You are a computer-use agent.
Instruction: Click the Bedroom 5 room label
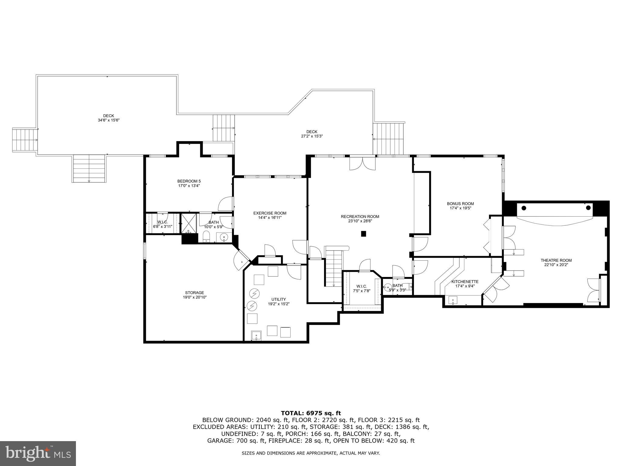(x=189, y=181)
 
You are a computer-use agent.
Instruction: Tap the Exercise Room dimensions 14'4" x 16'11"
(x=270, y=218)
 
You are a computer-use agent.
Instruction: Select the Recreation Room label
(x=360, y=217)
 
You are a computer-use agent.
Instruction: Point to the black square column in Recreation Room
(x=364, y=234)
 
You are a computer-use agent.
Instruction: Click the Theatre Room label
(x=556, y=260)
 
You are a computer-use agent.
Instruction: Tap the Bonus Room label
(x=460, y=204)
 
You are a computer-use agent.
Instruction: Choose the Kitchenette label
(x=465, y=282)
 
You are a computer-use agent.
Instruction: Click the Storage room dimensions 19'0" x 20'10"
(x=195, y=297)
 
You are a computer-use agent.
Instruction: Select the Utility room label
(x=279, y=299)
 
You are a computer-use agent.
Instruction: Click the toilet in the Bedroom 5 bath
(x=206, y=236)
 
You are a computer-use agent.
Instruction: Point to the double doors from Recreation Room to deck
(x=362, y=163)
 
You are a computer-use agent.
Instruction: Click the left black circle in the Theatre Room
(x=524, y=208)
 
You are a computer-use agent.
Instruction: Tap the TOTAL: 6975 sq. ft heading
(x=311, y=413)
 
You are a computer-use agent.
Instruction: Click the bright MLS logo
(x=38, y=453)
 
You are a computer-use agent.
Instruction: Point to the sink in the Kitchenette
(x=453, y=300)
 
